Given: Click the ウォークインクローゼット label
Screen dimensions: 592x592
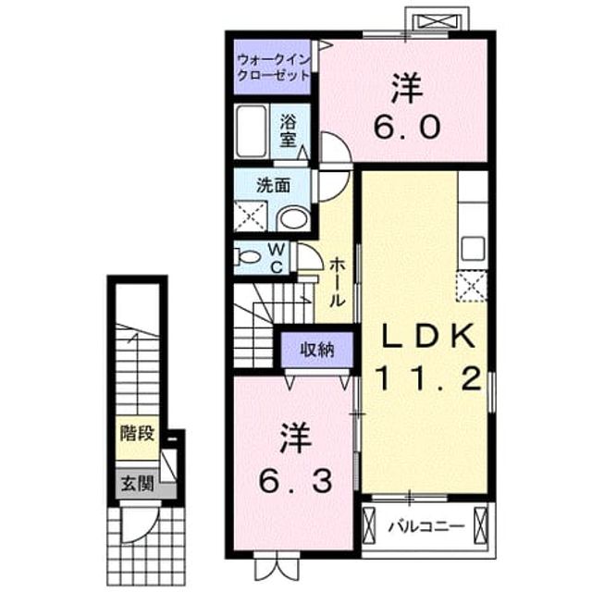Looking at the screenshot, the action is click(x=274, y=68).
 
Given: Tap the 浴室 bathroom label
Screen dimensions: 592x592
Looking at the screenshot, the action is click(x=288, y=130).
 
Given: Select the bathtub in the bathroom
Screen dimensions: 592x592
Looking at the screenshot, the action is click(x=251, y=131).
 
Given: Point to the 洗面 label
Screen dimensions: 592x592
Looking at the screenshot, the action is click(x=273, y=186).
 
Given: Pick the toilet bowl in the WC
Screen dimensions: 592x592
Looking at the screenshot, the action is click(x=248, y=257).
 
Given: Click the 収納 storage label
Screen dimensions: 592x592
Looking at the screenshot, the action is click(x=317, y=350).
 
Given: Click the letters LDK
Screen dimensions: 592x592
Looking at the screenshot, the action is click(x=428, y=337).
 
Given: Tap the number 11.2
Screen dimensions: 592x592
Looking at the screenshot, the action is click(x=428, y=378).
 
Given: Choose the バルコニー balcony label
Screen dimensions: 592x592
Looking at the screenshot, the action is click(x=426, y=526).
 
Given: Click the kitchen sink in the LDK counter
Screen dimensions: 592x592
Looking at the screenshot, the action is click(x=473, y=248).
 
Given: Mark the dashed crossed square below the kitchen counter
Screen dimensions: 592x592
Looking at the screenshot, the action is click(x=472, y=286).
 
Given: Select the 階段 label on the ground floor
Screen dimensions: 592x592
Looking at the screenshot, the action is click(x=137, y=433).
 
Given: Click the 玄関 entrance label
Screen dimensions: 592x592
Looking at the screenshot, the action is click(x=137, y=483).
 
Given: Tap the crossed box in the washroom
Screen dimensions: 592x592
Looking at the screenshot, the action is click(x=251, y=216).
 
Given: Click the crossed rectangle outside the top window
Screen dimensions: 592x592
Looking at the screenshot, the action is click(x=438, y=21).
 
